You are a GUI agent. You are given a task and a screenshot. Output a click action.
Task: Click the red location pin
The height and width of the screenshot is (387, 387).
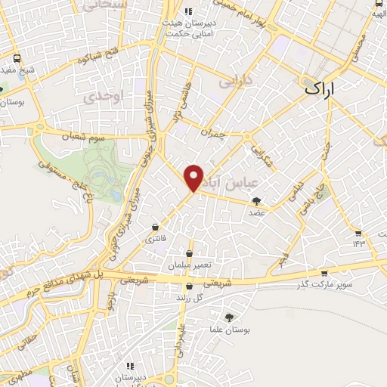(194, 177)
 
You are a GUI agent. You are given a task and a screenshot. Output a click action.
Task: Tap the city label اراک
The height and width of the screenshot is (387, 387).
(324, 88)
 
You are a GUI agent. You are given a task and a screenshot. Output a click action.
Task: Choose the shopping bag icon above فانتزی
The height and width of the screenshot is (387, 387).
(156, 227)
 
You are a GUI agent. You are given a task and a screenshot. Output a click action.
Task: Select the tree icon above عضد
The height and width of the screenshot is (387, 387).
(257, 201)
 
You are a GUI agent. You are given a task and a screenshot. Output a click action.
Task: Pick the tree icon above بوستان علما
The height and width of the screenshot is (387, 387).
(229, 317)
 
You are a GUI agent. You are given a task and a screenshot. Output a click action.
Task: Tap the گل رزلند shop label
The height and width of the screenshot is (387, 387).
(190, 297)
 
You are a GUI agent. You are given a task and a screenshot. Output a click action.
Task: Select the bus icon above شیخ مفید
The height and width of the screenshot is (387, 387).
(16, 58)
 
